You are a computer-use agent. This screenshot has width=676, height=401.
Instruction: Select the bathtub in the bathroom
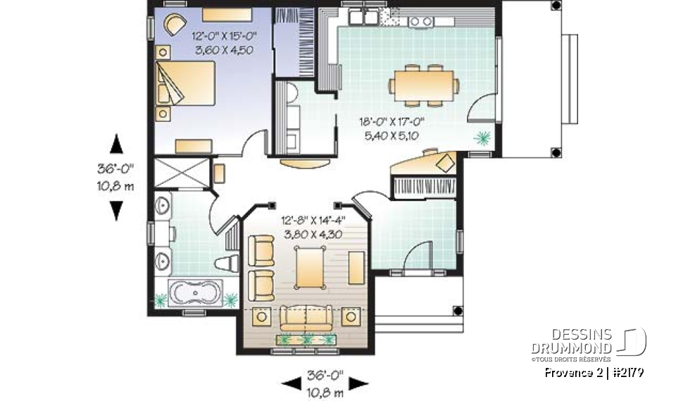(x=195, y=292)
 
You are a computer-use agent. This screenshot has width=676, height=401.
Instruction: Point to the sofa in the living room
(x=305, y=317)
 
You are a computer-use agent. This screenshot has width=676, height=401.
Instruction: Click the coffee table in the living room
(x=311, y=269)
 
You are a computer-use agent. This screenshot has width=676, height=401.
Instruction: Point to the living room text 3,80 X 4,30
(x=312, y=235)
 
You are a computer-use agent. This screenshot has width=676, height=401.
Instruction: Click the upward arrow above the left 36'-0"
(x=117, y=145)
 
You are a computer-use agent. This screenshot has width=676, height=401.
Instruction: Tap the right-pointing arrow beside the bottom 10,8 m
(x=359, y=383)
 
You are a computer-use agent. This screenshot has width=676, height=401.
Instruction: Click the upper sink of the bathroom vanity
(x=162, y=207)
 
